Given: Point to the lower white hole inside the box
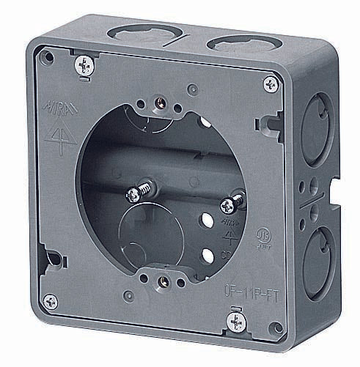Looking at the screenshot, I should coord(210,254).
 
